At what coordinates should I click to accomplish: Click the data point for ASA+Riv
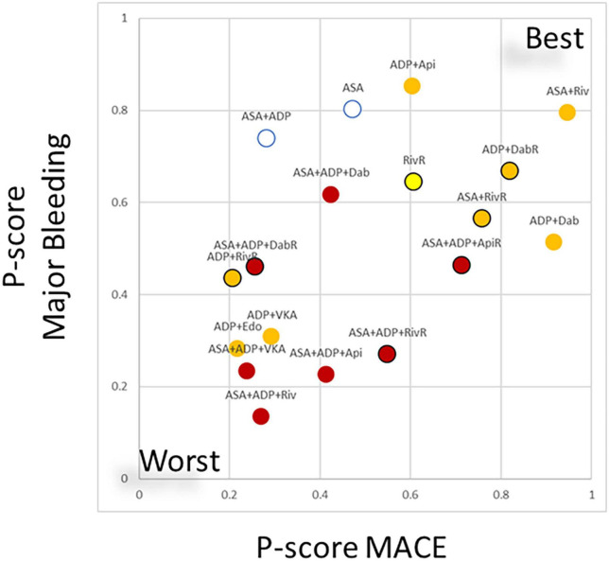[x=566, y=113]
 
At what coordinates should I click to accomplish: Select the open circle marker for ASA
[x=353, y=109]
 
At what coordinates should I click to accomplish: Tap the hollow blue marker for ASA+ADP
[x=266, y=138]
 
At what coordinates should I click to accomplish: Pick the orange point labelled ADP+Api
[x=411, y=86]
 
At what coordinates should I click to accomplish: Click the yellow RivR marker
[x=412, y=182]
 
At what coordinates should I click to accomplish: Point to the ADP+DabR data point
[x=510, y=170]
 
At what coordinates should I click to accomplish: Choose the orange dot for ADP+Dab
[x=553, y=242]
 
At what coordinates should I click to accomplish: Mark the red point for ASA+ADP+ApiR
[x=461, y=265]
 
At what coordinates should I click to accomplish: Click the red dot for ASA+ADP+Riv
[x=261, y=416]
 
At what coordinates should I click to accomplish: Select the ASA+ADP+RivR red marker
[x=387, y=354]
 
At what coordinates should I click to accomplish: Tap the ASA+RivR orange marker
[x=481, y=219]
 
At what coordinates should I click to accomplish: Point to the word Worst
[x=180, y=463]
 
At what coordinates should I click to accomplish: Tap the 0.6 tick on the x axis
[x=410, y=494]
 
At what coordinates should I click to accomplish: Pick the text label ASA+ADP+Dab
[x=330, y=173]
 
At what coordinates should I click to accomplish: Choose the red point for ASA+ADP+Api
[x=326, y=375]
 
